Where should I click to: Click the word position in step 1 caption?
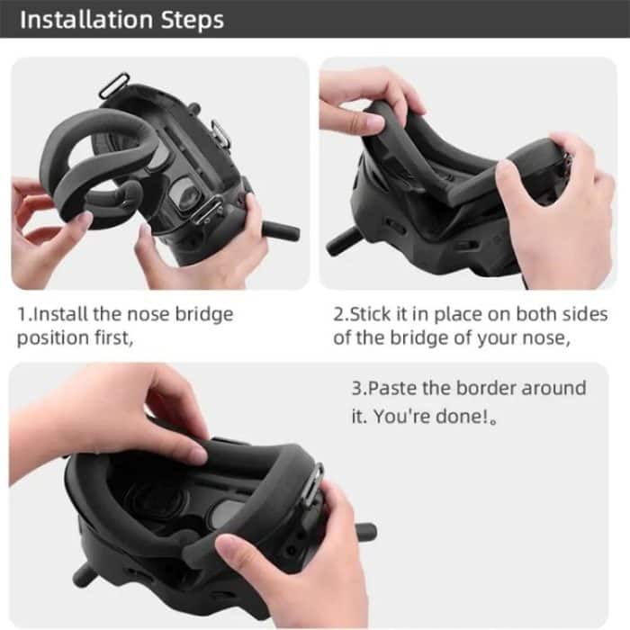coord(51,338)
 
